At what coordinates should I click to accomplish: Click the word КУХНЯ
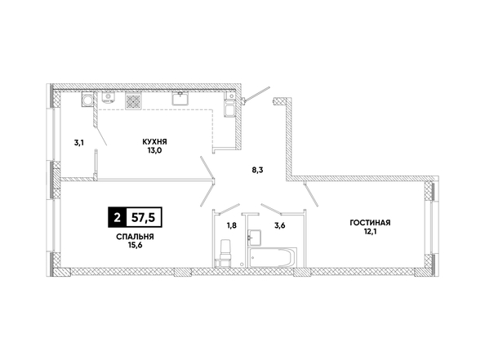coord(154,142)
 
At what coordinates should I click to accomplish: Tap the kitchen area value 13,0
coord(155,151)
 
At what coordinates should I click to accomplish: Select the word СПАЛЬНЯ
coord(136,237)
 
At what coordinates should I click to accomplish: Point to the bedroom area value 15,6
coord(136,245)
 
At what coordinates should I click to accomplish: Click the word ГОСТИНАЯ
coord(370,223)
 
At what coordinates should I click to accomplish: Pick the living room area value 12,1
coord(370,231)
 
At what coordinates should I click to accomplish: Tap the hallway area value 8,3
coord(257,170)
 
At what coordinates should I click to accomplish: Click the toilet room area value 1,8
coord(232,225)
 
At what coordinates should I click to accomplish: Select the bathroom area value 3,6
coord(279,225)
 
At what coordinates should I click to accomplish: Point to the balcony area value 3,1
coord(79,143)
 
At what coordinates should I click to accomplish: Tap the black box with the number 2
coord(117,217)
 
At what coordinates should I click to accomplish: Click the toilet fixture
coord(225,252)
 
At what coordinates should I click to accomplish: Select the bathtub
coord(272,256)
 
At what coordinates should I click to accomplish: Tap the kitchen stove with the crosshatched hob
coord(134,101)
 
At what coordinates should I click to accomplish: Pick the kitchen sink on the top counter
coord(180,98)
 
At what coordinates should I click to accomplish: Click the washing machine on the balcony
coord(87,100)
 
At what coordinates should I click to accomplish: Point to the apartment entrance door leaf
coord(256,93)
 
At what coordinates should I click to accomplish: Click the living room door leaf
coord(311,195)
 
